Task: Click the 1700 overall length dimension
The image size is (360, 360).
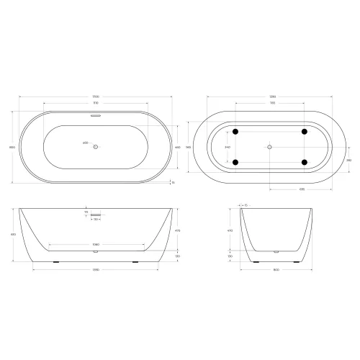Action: (x=96, y=98)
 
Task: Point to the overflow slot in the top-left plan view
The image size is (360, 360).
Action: (x=96, y=114)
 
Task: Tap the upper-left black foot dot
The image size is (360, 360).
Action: (x=235, y=132)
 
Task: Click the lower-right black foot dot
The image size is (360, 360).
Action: (x=305, y=161)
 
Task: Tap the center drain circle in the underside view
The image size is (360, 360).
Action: (x=270, y=147)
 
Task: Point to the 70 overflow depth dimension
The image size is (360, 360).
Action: (x=86, y=213)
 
